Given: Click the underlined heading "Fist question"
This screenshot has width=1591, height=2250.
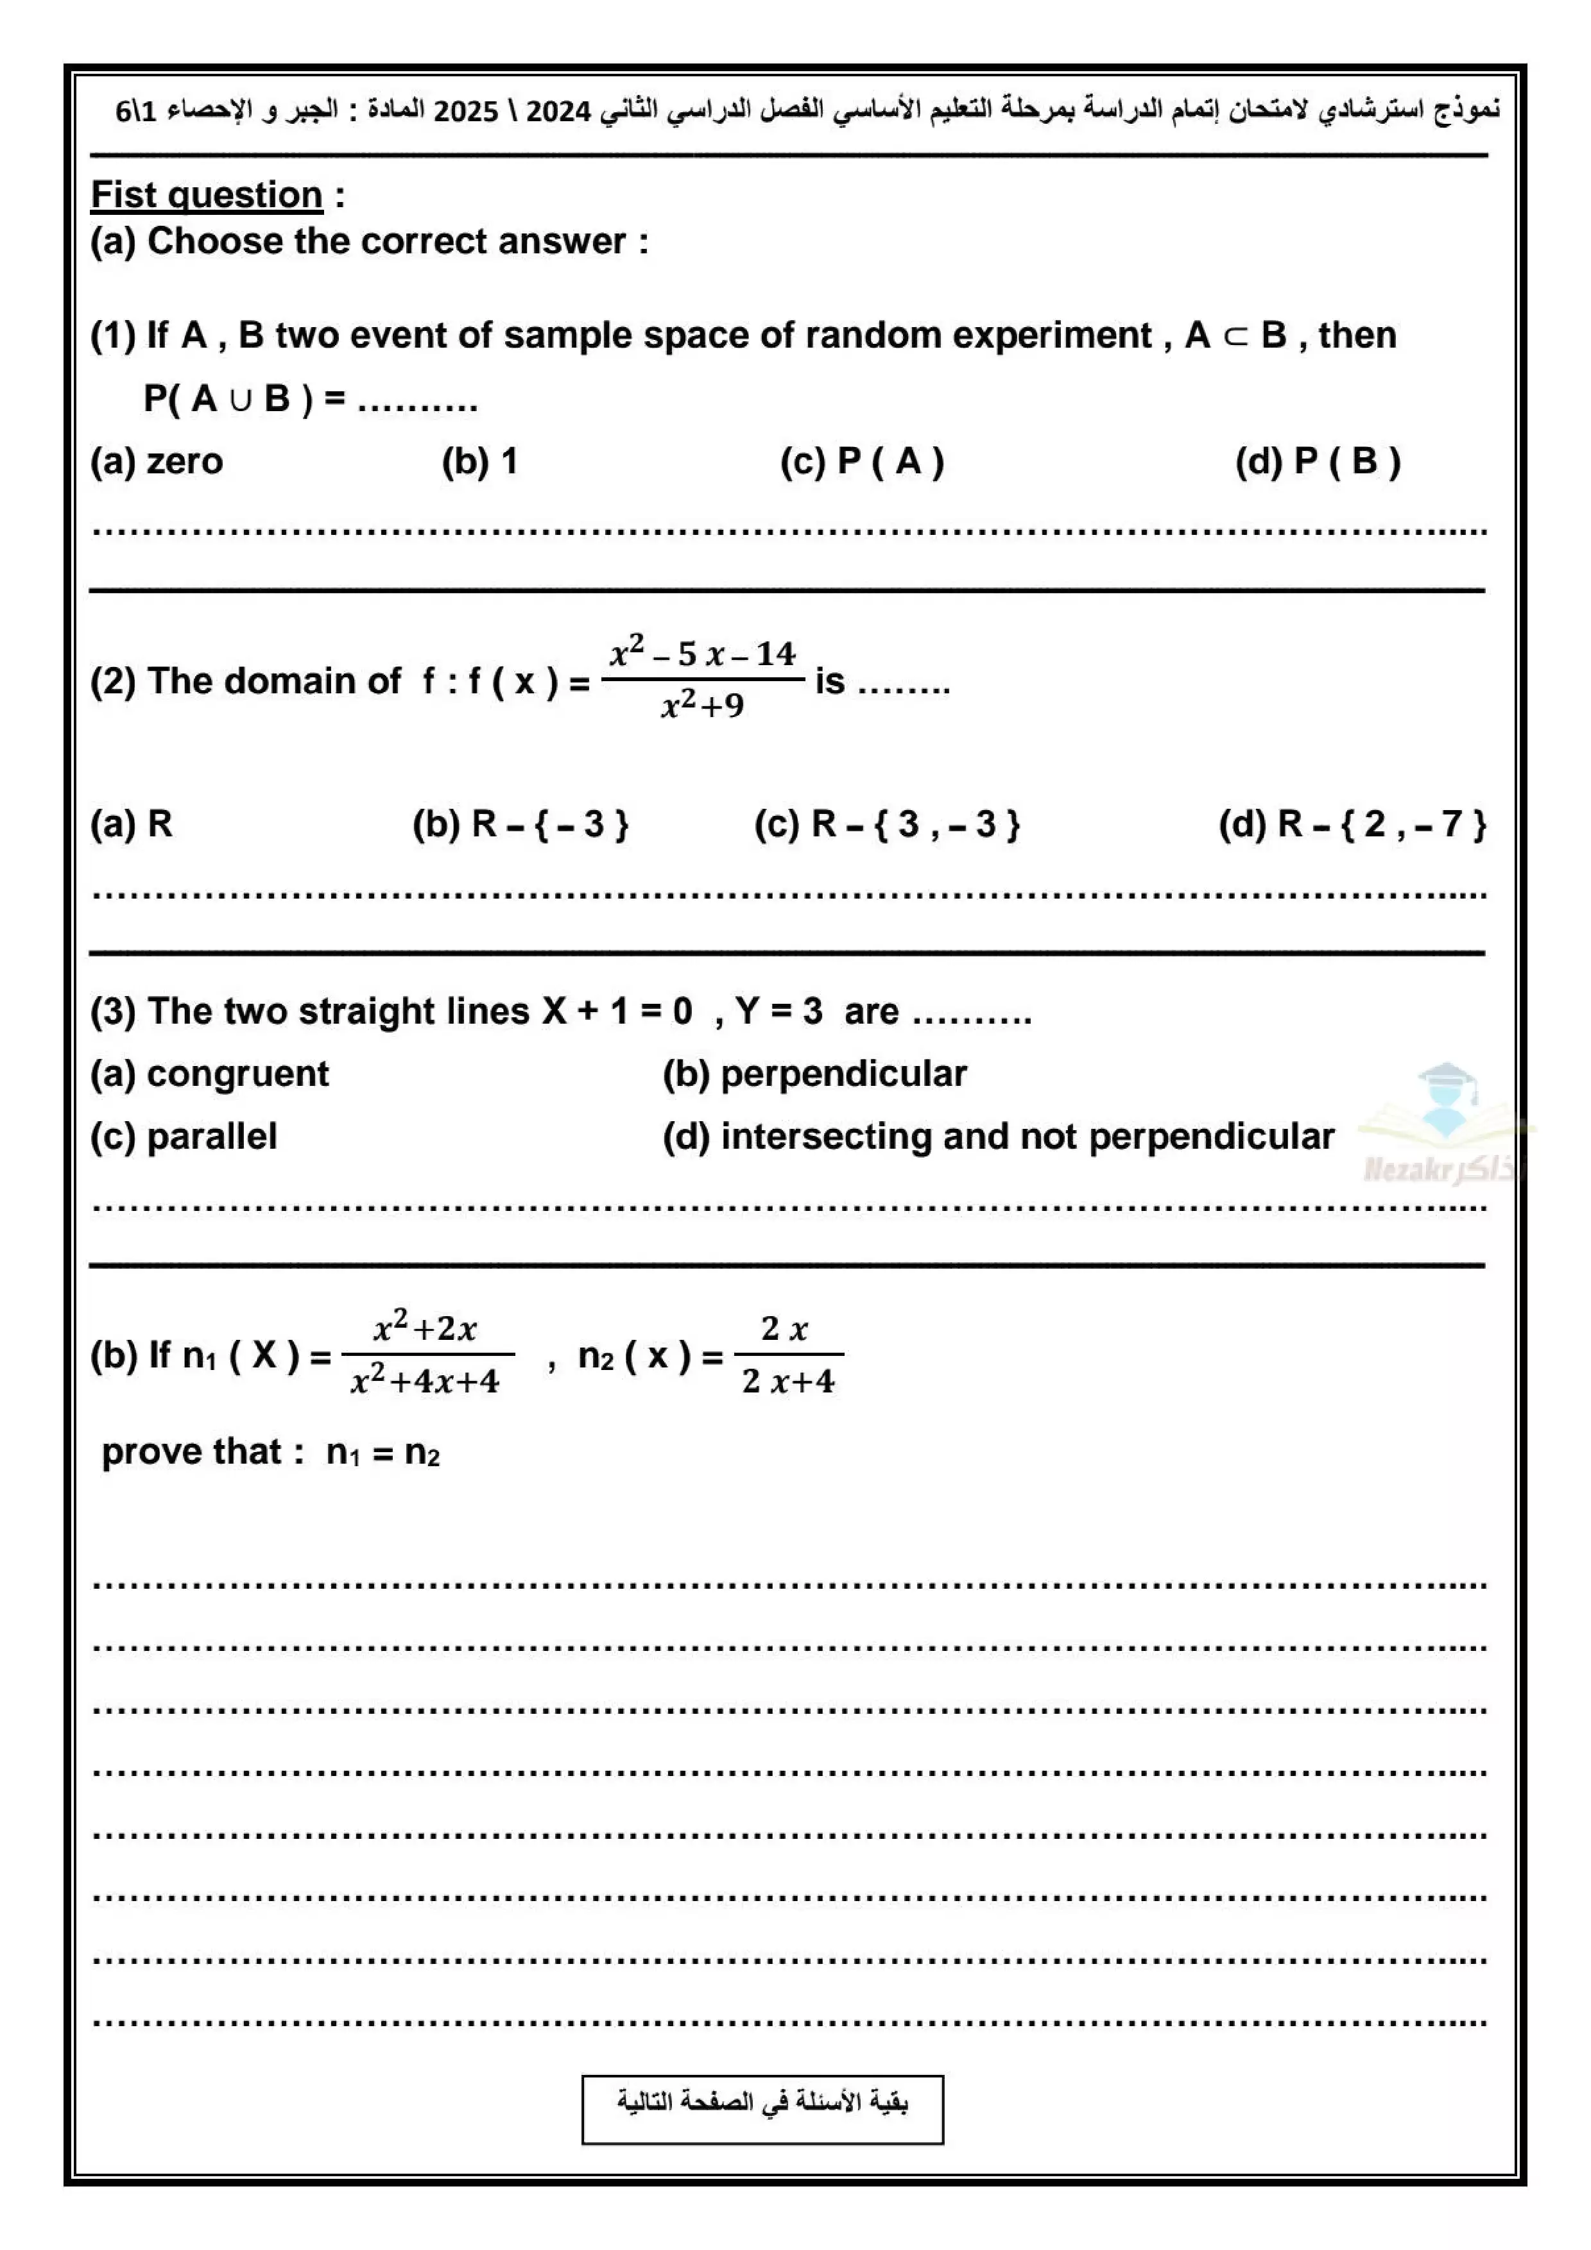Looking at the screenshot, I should coord(206,195).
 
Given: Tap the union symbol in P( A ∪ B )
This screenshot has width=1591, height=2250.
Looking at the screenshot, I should coord(240,399).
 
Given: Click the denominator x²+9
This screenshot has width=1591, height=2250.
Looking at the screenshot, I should coord(702,705).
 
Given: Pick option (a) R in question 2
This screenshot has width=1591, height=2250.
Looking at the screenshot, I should coord(132,824).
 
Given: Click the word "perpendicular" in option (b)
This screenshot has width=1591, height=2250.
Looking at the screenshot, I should coord(843,1074).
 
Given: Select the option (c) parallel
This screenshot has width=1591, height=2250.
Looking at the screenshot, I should coord(184,1137).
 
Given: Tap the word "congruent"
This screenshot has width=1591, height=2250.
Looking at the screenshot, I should coord(237,1074).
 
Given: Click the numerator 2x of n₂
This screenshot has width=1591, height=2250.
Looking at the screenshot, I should coord(785,1329).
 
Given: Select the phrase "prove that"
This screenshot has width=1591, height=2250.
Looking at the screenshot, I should coord(192,1451).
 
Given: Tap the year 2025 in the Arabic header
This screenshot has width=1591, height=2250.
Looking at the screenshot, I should coord(466,111).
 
